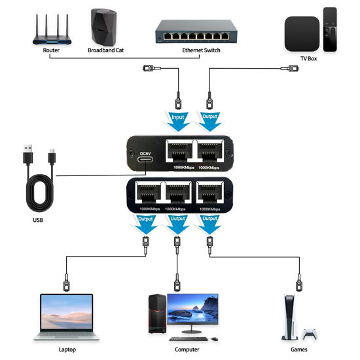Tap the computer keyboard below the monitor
pyautogui.click(x=191, y=339)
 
